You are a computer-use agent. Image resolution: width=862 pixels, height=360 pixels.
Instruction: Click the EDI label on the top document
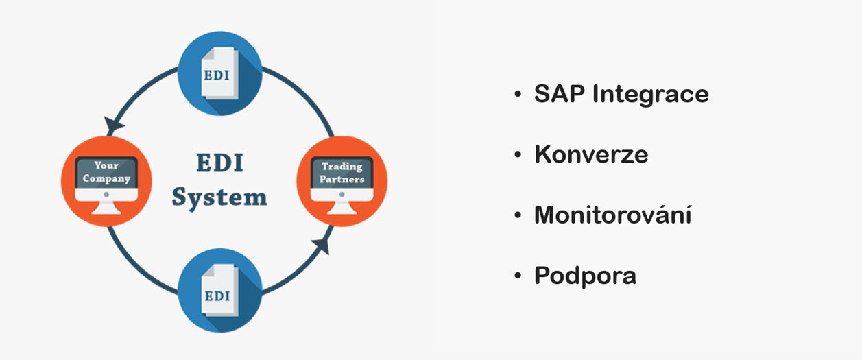pyautogui.click(x=216, y=75)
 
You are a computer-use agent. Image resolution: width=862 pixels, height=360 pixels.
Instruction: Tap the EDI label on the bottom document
pyautogui.click(x=217, y=296)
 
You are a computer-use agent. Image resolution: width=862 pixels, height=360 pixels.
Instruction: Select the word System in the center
pyautogui.click(x=219, y=198)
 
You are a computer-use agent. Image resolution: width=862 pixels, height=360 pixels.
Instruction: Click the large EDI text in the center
pyautogui.click(x=219, y=163)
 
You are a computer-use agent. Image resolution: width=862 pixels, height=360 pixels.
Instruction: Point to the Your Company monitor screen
pyautogui.click(x=106, y=172)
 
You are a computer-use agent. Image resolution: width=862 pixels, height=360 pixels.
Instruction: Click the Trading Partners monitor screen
pyautogui.click(x=342, y=173)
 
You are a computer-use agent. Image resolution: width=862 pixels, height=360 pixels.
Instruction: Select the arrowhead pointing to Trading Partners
pyautogui.click(x=322, y=245)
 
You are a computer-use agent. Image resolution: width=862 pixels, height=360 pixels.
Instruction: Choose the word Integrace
pyautogui.click(x=650, y=95)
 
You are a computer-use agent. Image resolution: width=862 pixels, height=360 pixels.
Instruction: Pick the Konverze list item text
pyautogui.click(x=591, y=154)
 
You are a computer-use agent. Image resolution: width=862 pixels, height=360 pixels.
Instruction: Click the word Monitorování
pyautogui.click(x=612, y=214)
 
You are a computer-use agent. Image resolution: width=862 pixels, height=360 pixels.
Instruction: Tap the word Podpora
pyautogui.click(x=586, y=276)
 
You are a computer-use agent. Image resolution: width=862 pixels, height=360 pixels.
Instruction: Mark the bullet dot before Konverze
pyautogui.click(x=518, y=154)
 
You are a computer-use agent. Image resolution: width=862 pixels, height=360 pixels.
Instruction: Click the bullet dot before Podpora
pyautogui.click(x=518, y=276)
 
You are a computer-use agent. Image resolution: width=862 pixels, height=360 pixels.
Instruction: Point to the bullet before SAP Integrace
pyautogui.click(x=518, y=94)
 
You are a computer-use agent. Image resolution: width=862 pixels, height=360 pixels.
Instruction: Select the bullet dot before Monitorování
pyautogui.click(x=518, y=215)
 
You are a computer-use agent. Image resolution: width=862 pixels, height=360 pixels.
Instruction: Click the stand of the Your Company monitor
pyautogui.click(x=106, y=208)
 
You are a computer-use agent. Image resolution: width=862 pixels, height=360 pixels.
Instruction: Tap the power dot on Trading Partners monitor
pyautogui.click(x=342, y=195)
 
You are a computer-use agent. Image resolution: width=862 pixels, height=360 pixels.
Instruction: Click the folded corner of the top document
pyautogui.click(x=208, y=53)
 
